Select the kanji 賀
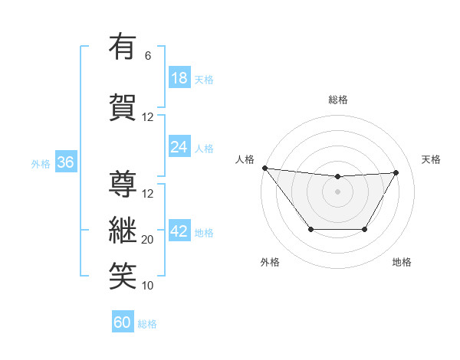pyautogui.click(x=123, y=107)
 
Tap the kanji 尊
pyautogui.click(x=123, y=184)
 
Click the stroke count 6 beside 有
pyautogui.click(x=148, y=56)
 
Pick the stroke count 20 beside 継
pyautogui.click(x=148, y=240)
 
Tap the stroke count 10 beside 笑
pyautogui.click(x=148, y=286)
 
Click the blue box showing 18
pyautogui.click(x=179, y=77)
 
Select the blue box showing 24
pyautogui.click(x=179, y=146)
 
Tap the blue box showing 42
pyautogui.click(x=179, y=231)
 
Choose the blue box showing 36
pyautogui.click(x=65, y=162)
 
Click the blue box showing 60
pyautogui.click(x=123, y=322)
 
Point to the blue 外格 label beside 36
pyautogui.click(x=41, y=163)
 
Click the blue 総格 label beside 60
pyautogui.click(x=147, y=324)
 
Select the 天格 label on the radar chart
pyautogui.click(x=431, y=159)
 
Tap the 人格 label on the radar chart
pyautogui.click(x=245, y=159)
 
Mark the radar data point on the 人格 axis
pyautogui.click(x=264, y=168)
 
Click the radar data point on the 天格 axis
pyautogui.click(x=396, y=172)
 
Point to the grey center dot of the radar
pyautogui.click(x=337, y=191)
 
